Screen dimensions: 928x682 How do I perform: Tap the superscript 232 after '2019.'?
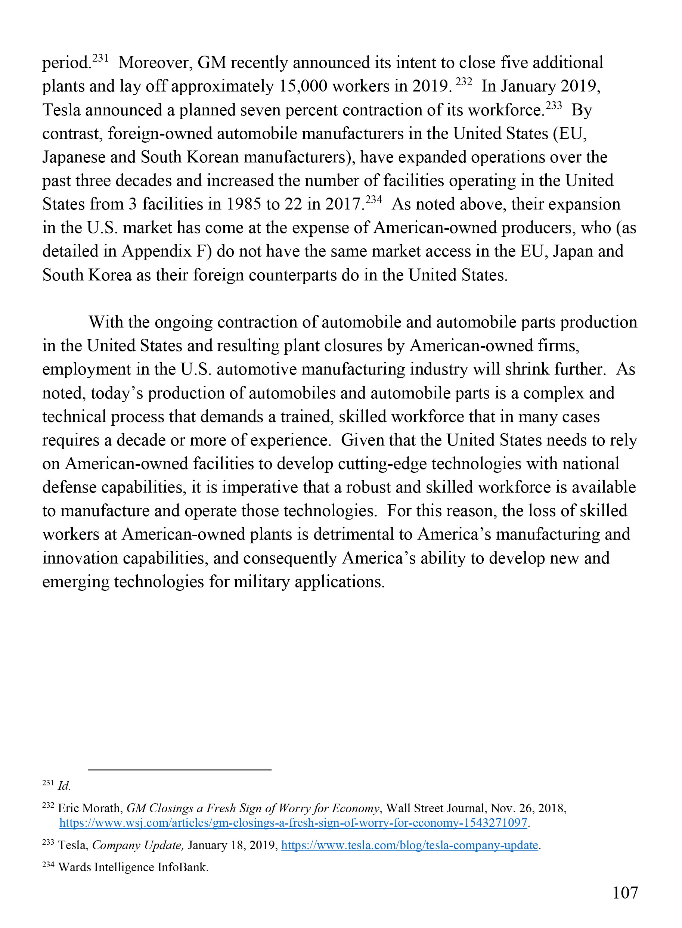point(464,82)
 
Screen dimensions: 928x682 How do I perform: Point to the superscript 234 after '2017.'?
point(373,200)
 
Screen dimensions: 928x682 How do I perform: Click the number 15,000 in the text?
point(303,86)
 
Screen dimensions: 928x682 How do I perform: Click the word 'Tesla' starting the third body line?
point(61,110)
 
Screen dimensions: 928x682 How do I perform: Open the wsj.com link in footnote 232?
point(293,823)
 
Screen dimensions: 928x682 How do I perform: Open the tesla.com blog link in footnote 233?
point(409,845)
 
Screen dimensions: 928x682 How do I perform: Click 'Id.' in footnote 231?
point(64,786)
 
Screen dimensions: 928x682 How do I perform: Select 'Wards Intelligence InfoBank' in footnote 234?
point(133,868)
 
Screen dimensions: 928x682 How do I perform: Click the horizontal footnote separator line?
point(180,770)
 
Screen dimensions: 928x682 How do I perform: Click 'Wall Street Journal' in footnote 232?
point(435,808)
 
